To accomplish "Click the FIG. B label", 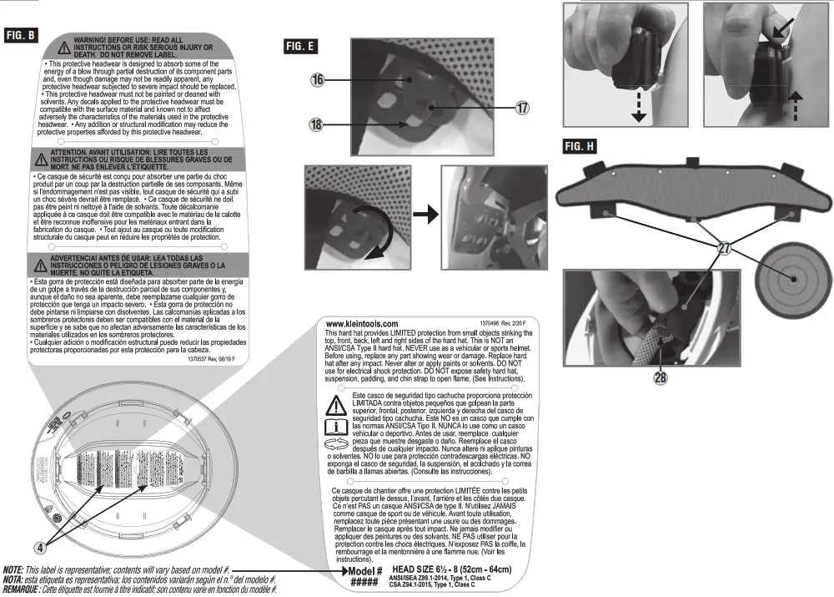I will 21,35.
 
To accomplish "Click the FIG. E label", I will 299,47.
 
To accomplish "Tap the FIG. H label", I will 580,146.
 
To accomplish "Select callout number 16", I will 317,80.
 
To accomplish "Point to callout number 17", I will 522,108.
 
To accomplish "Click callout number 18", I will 317,124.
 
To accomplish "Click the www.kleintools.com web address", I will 360,323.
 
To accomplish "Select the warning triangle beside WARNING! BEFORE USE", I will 63,45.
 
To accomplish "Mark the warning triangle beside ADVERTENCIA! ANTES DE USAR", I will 40,265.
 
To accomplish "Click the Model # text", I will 364,572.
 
